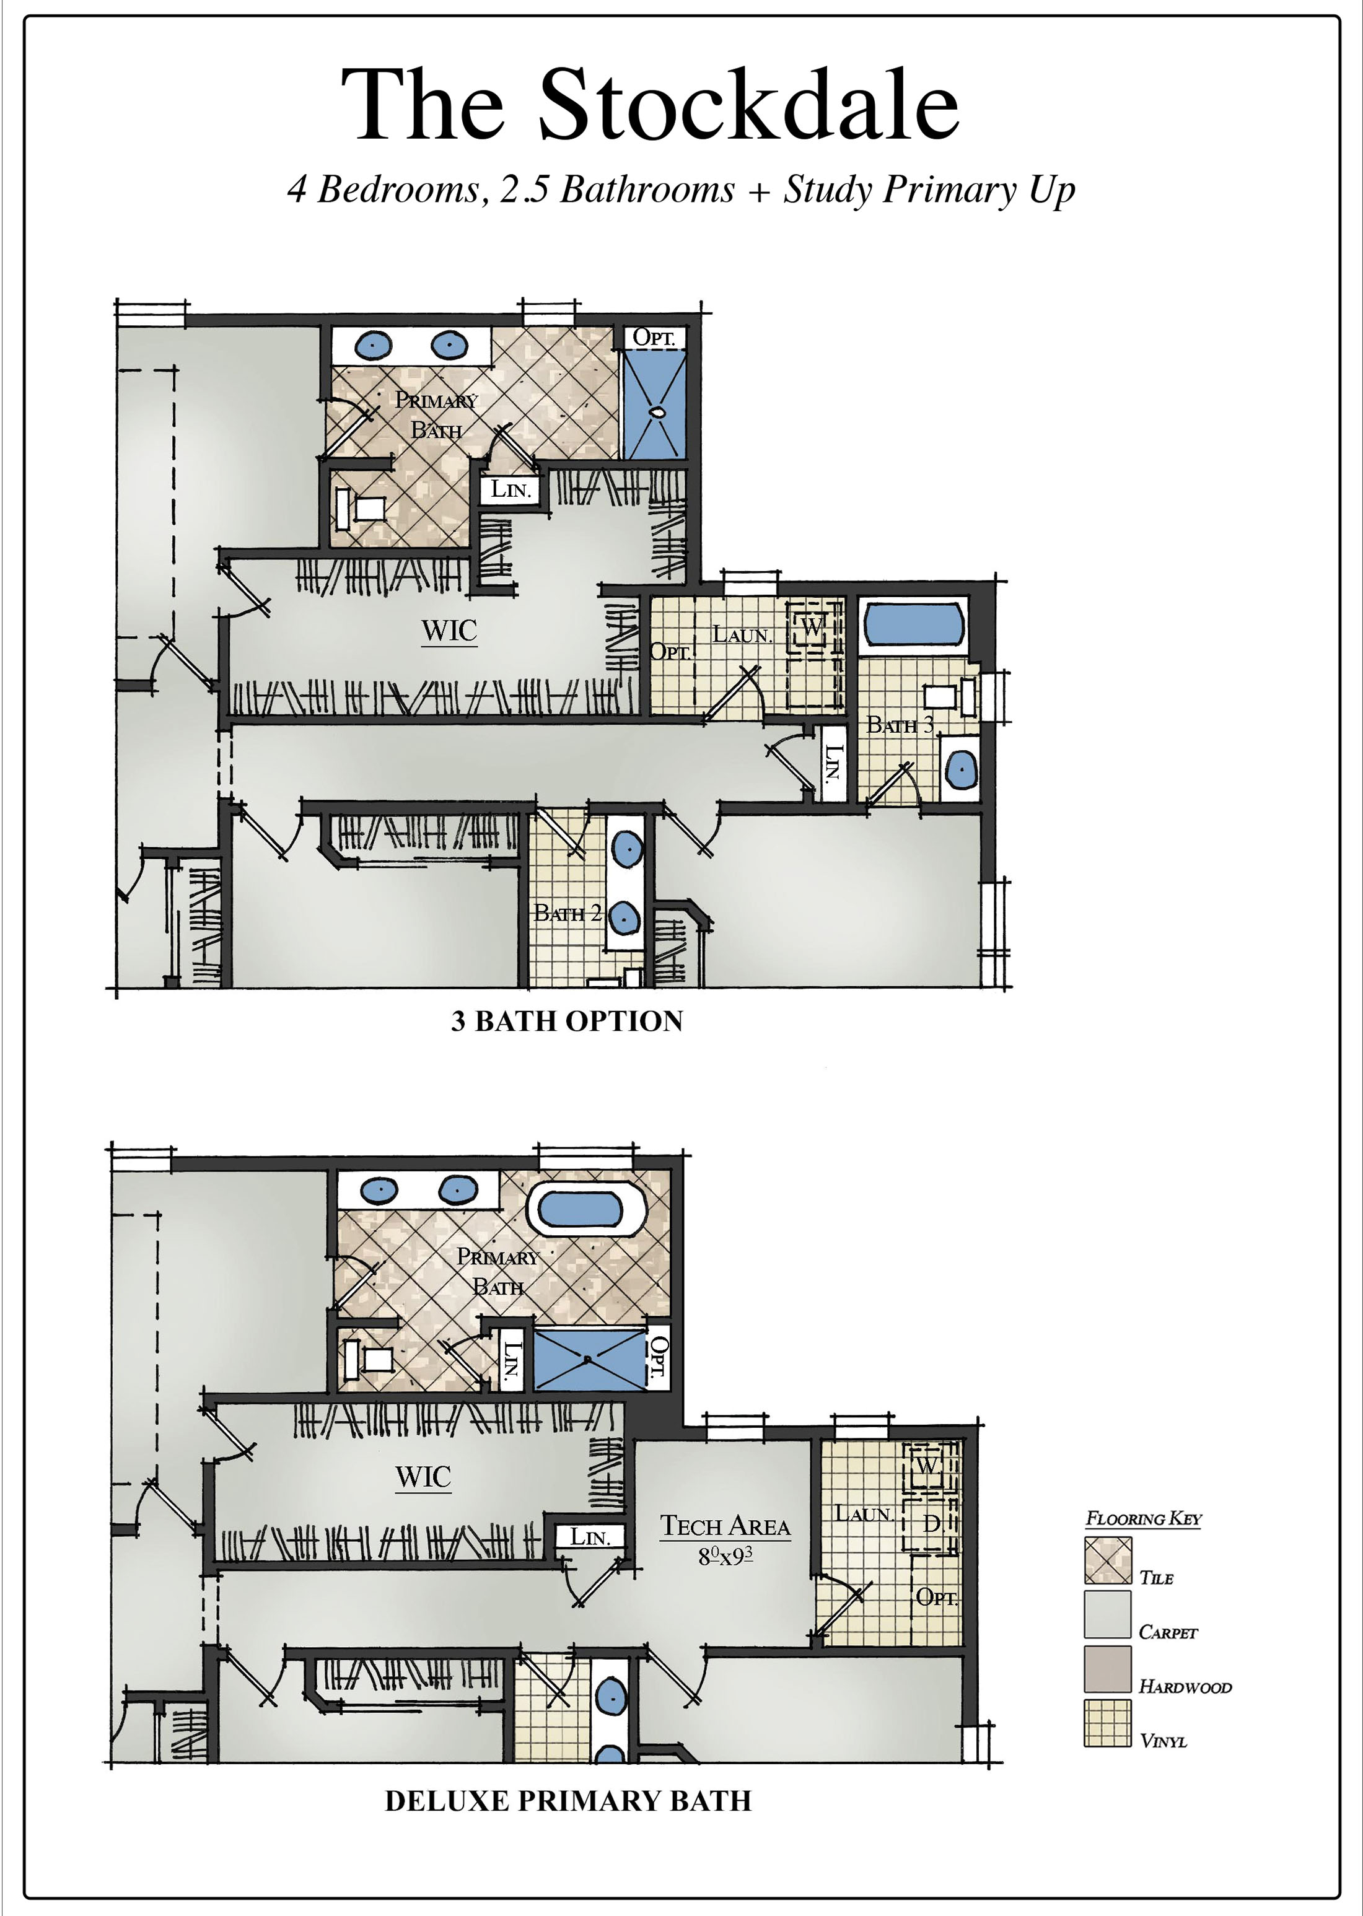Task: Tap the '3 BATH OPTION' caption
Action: pyautogui.click(x=568, y=1021)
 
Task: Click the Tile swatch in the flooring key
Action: pyautogui.click(x=1107, y=1560)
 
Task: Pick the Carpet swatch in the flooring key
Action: pyautogui.click(x=1107, y=1615)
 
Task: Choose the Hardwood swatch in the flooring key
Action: pyautogui.click(x=1107, y=1668)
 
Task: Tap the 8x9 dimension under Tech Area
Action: pyautogui.click(x=725, y=1556)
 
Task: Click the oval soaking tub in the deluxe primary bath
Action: pyautogui.click(x=587, y=1209)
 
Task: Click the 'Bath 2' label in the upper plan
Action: pyautogui.click(x=568, y=913)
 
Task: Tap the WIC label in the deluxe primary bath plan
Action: pyautogui.click(x=423, y=1477)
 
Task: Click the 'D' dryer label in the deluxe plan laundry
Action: pyautogui.click(x=931, y=1523)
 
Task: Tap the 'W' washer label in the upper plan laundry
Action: pyautogui.click(x=812, y=626)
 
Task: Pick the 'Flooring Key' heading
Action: pyautogui.click(x=1143, y=1518)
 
